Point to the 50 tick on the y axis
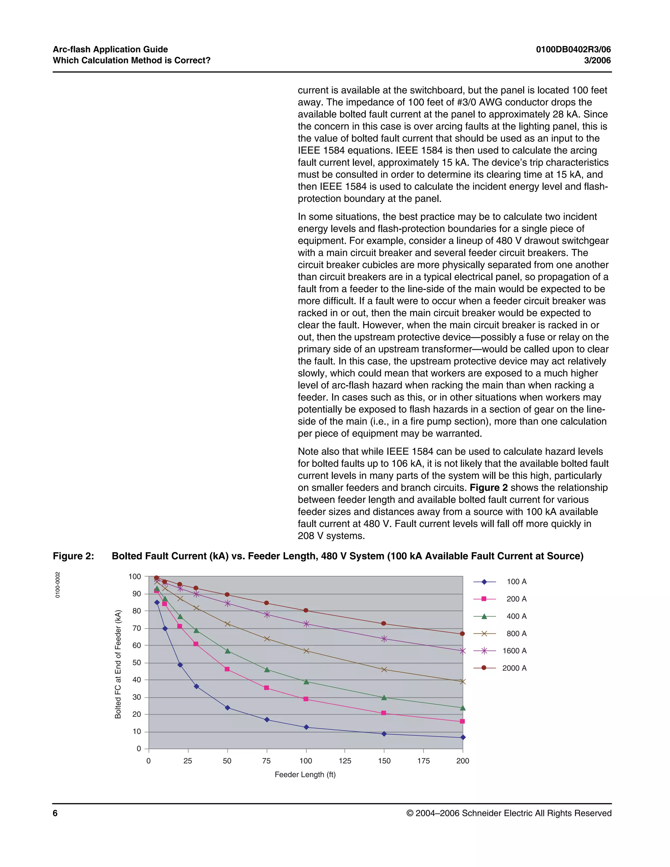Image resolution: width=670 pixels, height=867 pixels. pos(136,663)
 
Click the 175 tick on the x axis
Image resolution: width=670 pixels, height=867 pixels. pos(424,761)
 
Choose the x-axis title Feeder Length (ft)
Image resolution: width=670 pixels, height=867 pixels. pos(305,774)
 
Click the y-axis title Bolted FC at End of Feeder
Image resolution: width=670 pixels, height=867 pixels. pos(118,664)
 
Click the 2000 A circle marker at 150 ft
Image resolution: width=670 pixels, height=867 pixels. pos(383,624)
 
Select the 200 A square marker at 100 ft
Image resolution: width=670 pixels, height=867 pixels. pos(306,699)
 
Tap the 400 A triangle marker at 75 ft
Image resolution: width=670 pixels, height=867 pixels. pos(267,670)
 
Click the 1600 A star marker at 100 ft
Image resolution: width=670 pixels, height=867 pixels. pos(306,624)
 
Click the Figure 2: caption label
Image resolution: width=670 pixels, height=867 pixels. pos(73,556)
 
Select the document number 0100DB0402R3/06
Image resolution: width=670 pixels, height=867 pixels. pos(573,50)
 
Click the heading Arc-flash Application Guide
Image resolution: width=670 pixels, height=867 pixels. pos(110,50)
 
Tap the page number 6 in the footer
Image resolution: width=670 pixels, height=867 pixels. pos(55,813)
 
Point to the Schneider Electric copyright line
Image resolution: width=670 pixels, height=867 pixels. pos(508,813)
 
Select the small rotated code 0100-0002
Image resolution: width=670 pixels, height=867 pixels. pos(58,585)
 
